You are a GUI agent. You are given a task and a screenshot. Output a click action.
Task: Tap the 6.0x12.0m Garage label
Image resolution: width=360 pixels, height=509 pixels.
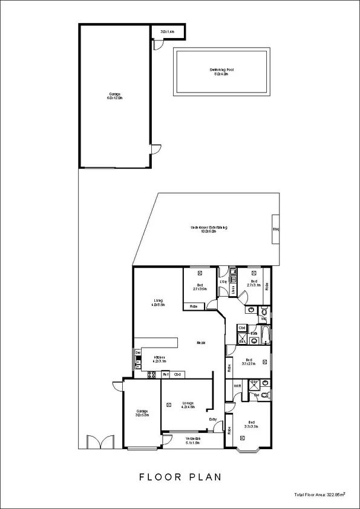114,96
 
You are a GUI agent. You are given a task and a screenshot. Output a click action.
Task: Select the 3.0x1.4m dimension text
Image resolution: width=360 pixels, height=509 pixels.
167,31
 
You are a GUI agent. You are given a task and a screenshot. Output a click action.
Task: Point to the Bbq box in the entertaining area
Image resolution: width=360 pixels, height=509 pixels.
275,229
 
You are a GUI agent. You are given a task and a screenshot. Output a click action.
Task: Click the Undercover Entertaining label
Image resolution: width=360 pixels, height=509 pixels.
208,229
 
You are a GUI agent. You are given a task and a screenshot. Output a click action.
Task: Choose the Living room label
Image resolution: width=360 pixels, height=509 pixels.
159,302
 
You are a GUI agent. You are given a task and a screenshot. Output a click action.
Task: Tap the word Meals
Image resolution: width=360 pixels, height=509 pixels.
200,343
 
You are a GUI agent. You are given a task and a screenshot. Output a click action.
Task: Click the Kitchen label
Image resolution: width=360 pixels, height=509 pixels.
159,359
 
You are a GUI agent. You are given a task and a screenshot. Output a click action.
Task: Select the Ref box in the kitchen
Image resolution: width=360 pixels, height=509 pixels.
165,375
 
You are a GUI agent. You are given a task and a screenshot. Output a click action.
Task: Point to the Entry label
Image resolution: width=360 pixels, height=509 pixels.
213,420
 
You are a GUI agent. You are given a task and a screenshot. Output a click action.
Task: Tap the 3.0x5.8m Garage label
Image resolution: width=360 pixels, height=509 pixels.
141,414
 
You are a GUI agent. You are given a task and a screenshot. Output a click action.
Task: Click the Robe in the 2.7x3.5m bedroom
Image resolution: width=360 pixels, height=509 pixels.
194,307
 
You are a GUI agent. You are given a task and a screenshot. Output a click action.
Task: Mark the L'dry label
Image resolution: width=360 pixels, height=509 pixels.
223,282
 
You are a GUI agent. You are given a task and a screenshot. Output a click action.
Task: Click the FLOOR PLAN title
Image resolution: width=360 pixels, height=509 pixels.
180,476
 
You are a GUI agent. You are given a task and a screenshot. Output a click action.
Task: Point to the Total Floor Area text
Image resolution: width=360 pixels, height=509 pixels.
319,494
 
